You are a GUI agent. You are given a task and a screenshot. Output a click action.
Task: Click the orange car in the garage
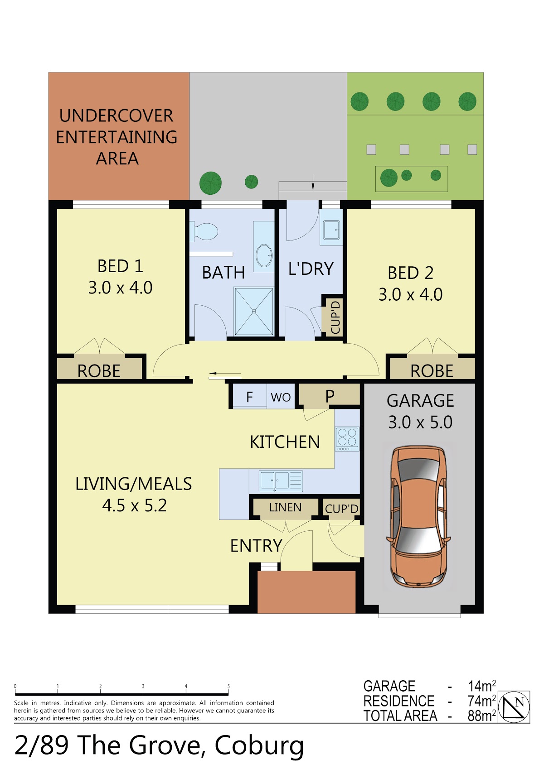[418, 516]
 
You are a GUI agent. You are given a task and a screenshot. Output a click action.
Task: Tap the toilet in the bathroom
[204, 231]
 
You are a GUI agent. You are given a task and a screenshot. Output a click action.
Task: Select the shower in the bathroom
[254, 312]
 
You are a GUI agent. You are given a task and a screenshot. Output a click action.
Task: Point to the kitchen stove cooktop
[347, 439]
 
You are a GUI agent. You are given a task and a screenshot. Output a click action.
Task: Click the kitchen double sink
[281, 481]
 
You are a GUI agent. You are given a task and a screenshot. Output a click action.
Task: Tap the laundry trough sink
[331, 230]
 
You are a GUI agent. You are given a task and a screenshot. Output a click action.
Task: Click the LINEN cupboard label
[285, 507]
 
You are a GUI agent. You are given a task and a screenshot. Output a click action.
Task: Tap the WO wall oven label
[281, 397]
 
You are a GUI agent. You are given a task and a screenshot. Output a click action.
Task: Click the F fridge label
[249, 397]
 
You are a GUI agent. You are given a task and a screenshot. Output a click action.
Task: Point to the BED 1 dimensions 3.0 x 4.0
[120, 288]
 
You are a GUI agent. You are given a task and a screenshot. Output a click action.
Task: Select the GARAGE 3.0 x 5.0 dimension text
[420, 423]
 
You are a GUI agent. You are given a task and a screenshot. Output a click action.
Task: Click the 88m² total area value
[481, 716]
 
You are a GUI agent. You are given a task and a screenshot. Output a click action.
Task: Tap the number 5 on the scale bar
[228, 686]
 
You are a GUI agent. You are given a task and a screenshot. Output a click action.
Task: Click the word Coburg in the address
[259, 745]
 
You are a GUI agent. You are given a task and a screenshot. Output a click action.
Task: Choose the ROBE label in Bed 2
[432, 371]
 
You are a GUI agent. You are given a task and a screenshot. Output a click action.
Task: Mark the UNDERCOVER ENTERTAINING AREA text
[117, 137]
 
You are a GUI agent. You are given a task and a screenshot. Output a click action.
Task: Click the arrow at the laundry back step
[313, 182]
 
